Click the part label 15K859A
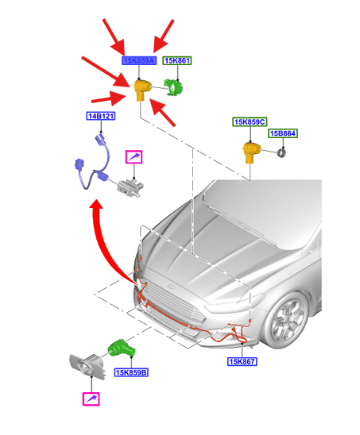click(139, 60)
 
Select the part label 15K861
click(177, 60)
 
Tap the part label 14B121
click(101, 116)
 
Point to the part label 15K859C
click(250, 121)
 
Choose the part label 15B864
click(283, 133)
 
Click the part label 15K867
click(242, 361)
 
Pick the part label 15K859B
click(131, 372)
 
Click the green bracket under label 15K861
click(174, 87)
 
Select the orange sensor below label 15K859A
click(142, 90)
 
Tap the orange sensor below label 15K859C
click(251, 152)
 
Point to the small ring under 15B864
click(282, 153)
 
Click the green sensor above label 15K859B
click(122, 348)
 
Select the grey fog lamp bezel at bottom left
click(87, 367)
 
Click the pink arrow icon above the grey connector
click(134, 157)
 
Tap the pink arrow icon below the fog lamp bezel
click(91, 399)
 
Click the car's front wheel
click(289, 319)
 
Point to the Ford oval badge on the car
click(170, 287)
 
